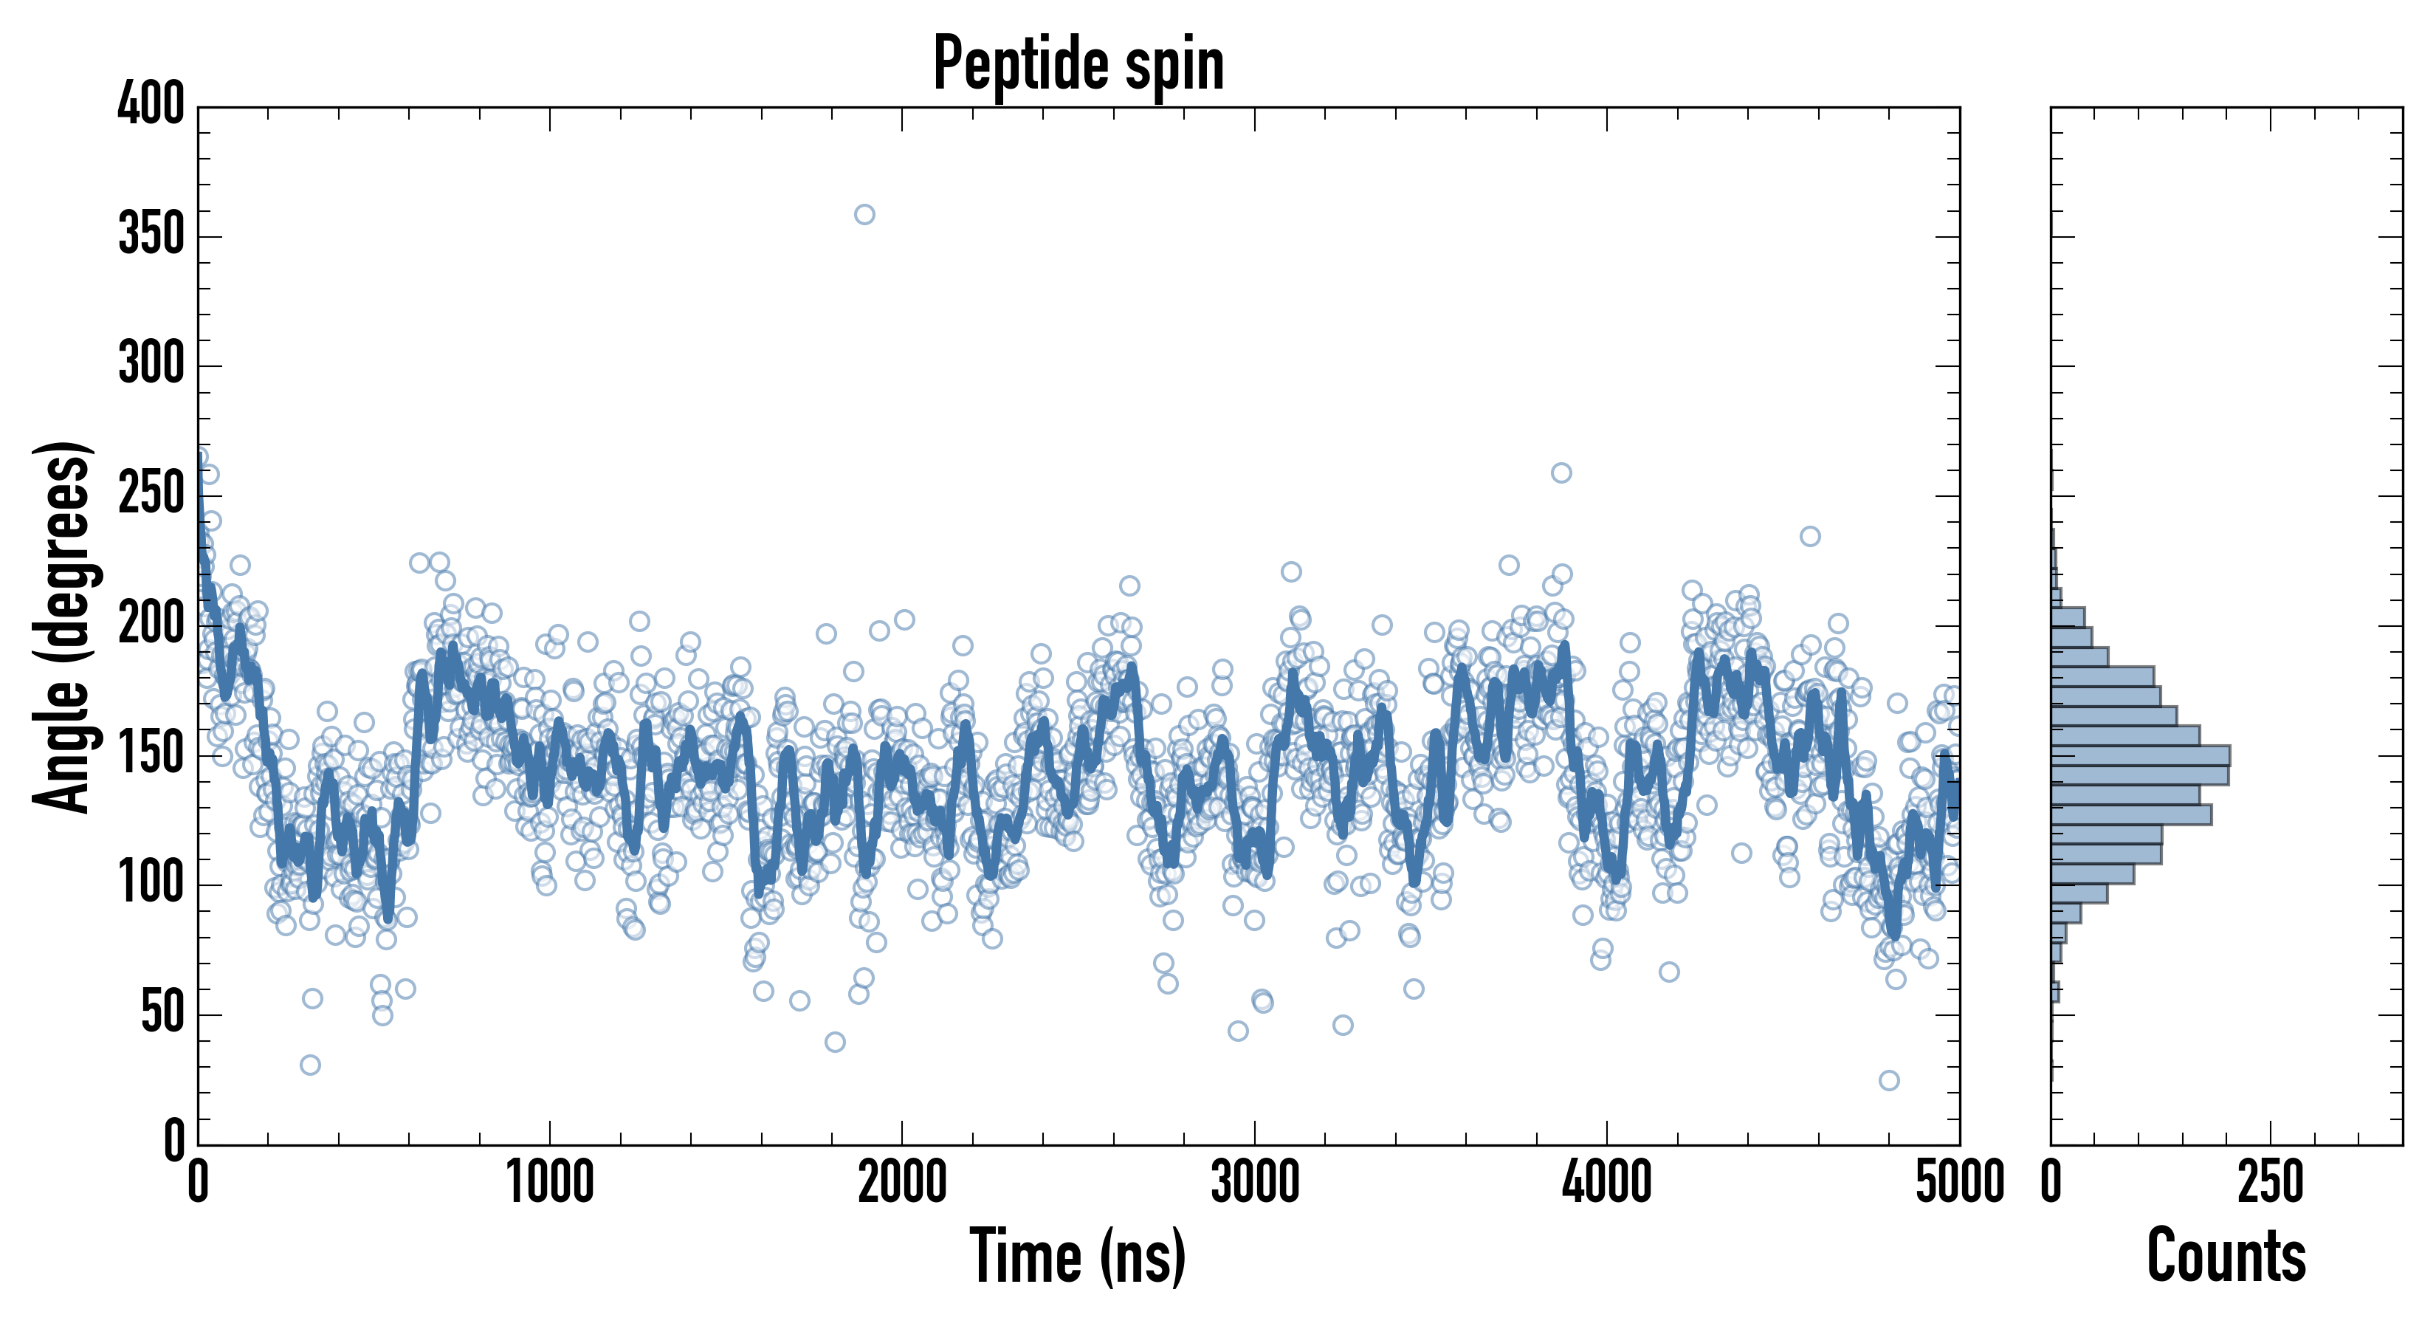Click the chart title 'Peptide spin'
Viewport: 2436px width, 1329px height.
click(x=1078, y=63)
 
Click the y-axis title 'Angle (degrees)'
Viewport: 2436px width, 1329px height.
click(x=63, y=626)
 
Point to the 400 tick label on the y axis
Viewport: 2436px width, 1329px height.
click(x=151, y=104)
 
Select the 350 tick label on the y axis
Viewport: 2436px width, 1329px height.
click(x=151, y=235)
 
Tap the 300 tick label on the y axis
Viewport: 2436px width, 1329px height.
click(x=151, y=364)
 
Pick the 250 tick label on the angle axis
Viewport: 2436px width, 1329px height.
click(x=151, y=494)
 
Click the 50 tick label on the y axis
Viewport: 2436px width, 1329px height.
click(x=162, y=1014)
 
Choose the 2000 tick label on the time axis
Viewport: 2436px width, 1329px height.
click(x=902, y=1184)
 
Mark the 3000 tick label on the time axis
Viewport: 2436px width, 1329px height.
click(x=1255, y=1184)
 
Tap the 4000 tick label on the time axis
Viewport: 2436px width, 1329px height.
click(x=1607, y=1184)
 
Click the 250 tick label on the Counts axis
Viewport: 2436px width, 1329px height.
click(x=2271, y=1184)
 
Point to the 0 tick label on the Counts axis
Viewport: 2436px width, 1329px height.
click(x=2051, y=1184)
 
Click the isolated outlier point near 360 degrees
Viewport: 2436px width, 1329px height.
click(x=864, y=215)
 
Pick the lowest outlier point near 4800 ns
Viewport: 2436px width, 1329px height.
click(x=1888, y=1080)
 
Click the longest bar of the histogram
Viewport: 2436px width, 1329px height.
click(x=2140, y=755)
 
